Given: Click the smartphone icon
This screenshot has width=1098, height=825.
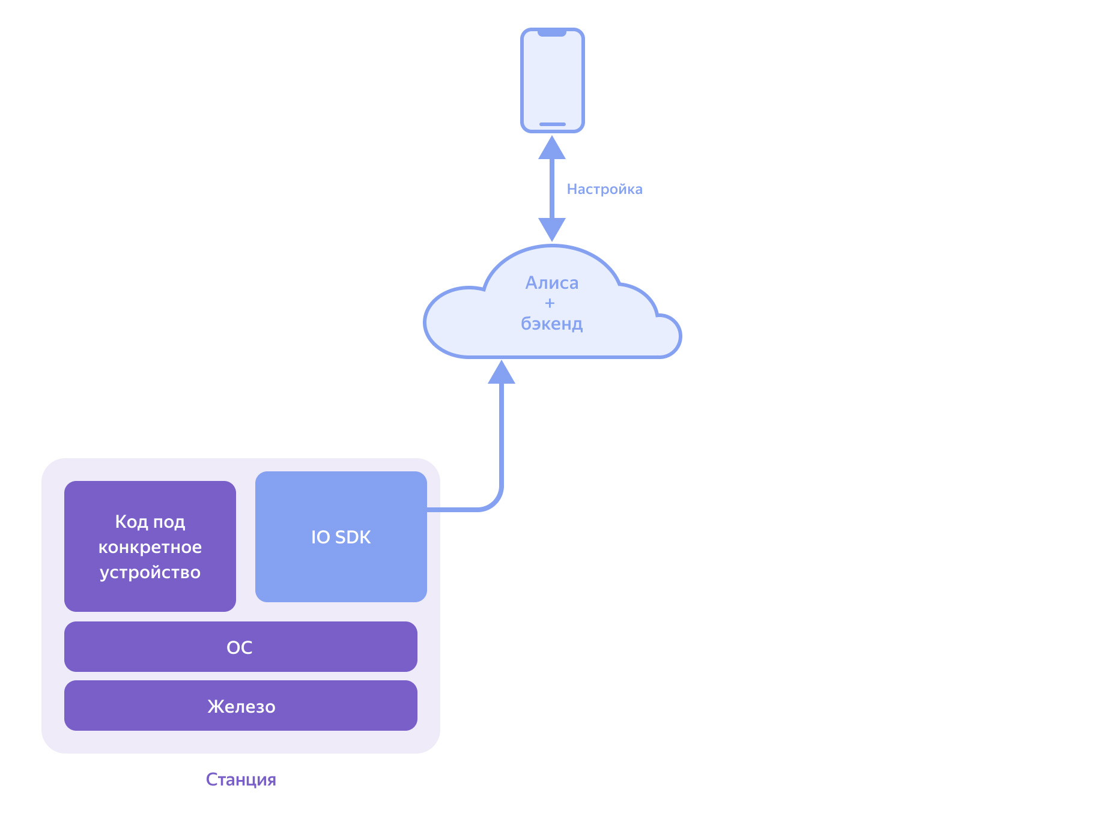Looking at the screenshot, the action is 552,80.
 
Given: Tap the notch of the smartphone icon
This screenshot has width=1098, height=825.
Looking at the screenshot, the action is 552,33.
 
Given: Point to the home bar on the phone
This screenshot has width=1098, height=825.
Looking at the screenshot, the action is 552,124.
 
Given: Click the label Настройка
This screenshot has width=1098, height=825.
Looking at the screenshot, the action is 604,189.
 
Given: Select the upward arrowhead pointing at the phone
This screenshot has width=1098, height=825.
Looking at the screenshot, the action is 552,148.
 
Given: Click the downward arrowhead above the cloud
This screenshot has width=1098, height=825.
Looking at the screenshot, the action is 552,229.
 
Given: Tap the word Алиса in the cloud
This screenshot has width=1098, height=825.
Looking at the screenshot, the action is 552,283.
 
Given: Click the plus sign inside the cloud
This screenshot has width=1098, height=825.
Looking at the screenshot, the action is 550,303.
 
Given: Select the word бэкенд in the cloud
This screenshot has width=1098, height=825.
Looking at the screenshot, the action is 551,324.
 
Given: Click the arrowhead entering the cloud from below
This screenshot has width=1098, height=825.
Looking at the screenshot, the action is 502,372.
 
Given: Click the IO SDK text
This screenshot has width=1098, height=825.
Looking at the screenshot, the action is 341,537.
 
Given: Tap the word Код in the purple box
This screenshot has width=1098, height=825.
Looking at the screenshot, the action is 131,521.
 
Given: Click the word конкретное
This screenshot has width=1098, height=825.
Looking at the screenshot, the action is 150,547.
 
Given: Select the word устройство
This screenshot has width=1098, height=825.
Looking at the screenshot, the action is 150,572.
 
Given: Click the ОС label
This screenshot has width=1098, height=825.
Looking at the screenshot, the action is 240,647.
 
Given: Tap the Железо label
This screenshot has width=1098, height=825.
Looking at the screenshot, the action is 241,706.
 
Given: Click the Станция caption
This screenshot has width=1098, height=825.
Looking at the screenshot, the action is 241,779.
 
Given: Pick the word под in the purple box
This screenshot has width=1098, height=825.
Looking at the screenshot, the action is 169,522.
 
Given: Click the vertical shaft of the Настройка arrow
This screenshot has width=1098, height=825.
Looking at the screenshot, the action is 552,189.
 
